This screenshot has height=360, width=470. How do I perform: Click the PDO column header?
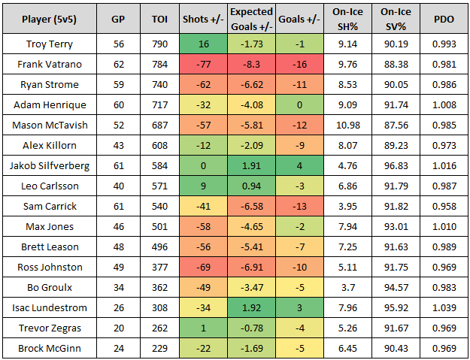(443, 19)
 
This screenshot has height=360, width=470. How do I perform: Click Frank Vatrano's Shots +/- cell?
(203, 65)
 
